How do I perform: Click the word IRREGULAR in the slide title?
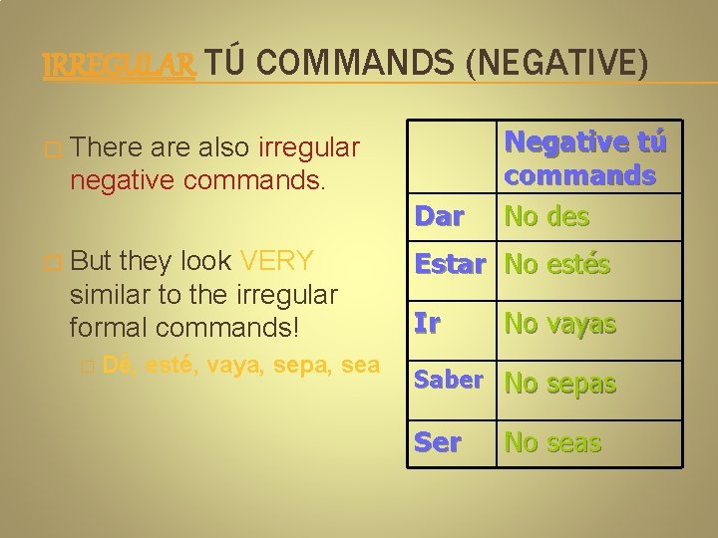coord(119,66)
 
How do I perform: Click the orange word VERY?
coord(277,262)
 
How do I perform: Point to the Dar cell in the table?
coord(439,216)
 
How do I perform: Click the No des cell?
coord(546,216)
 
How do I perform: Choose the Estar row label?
coord(449,265)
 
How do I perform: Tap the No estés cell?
coord(557,265)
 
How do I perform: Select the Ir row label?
coord(427,324)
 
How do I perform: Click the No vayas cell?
coord(560,324)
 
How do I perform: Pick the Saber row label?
coord(448,381)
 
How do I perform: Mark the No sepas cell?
coord(560,384)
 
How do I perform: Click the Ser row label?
coord(438,442)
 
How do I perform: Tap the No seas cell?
coord(552,442)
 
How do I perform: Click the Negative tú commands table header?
coord(585,158)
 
